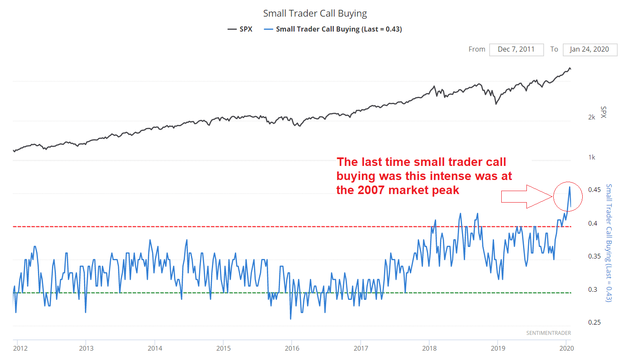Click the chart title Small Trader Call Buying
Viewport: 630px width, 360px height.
315,13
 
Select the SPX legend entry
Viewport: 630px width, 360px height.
240,29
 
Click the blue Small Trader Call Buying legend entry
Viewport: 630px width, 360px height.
333,29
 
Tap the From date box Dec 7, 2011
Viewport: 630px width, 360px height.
516,49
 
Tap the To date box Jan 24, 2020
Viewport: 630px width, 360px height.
590,49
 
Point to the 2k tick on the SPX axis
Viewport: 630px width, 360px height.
592,117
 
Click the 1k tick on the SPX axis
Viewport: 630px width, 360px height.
592,157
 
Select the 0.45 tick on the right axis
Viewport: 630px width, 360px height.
594,190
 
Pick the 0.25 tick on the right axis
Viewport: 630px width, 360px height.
594,322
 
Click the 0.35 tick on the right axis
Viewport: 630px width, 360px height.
594,256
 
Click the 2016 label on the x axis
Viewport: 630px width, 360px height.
292,348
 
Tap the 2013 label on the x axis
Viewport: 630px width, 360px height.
86,348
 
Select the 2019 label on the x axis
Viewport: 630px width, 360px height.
498,348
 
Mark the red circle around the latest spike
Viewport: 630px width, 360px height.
568,196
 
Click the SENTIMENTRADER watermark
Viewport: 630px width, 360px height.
548,333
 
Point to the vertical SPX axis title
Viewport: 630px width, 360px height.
603,112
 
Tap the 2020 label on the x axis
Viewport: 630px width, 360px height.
566,348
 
